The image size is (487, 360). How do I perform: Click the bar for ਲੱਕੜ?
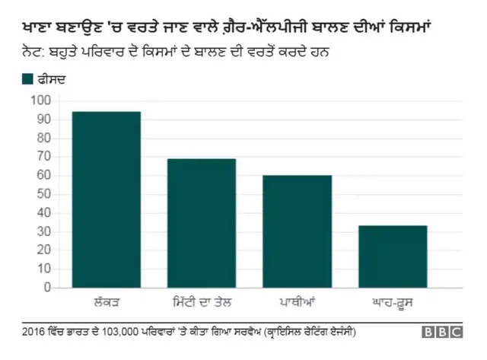point(107,199)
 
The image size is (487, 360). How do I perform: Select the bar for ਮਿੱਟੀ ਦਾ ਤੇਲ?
point(202,223)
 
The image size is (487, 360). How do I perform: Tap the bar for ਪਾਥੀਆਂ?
point(298,231)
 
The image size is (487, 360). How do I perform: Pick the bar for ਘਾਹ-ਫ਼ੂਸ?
point(393,256)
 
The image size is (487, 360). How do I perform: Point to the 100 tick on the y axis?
point(40,100)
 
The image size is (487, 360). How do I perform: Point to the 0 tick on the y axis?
point(46,288)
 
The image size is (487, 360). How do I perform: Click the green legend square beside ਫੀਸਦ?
point(28,78)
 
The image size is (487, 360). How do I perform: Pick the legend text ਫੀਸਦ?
point(53,78)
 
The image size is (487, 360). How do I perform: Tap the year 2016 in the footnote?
point(34,333)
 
